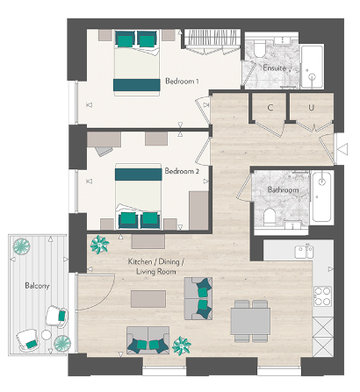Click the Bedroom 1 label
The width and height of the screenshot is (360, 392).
[182, 82]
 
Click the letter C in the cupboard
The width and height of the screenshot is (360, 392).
[270, 109]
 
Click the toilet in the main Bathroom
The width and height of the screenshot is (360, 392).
[270, 217]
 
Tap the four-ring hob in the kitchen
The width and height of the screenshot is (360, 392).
[322, 296]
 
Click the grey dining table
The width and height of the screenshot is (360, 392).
[249, 320]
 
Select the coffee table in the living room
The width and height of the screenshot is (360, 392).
[148, 299]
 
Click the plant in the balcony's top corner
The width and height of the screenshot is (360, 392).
[18, 246]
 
